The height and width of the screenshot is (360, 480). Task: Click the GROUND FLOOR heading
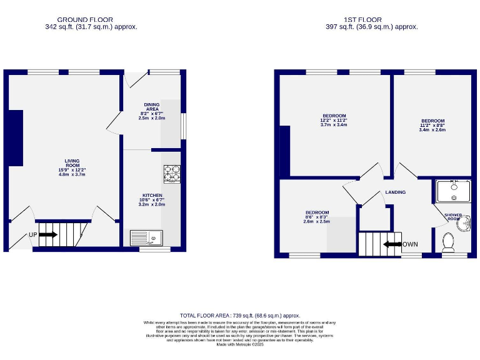[x=91, y=19]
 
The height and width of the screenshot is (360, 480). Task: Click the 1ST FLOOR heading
[x=371, y=19]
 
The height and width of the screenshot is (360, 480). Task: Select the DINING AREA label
[x=152, y=107]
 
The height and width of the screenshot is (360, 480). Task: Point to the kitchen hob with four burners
[x=172, y=174]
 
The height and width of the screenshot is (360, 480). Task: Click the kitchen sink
[x=146, y=237]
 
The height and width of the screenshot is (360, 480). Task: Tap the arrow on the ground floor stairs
[x=48, y=235]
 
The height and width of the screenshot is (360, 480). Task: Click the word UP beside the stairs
[x=34, y=235]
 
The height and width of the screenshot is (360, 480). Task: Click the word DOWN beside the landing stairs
[x=410, y=244]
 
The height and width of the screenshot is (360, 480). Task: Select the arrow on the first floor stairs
[x=392, y=244]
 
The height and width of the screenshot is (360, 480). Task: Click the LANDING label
[x=395, y=192]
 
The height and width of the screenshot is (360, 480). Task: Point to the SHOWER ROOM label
[x=453, y=217]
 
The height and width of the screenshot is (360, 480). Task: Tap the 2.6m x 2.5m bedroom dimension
[x=316, y=221]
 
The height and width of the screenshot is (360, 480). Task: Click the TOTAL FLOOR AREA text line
[x=240, y=316]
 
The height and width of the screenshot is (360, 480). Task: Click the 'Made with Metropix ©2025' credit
[x=240, y=344]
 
